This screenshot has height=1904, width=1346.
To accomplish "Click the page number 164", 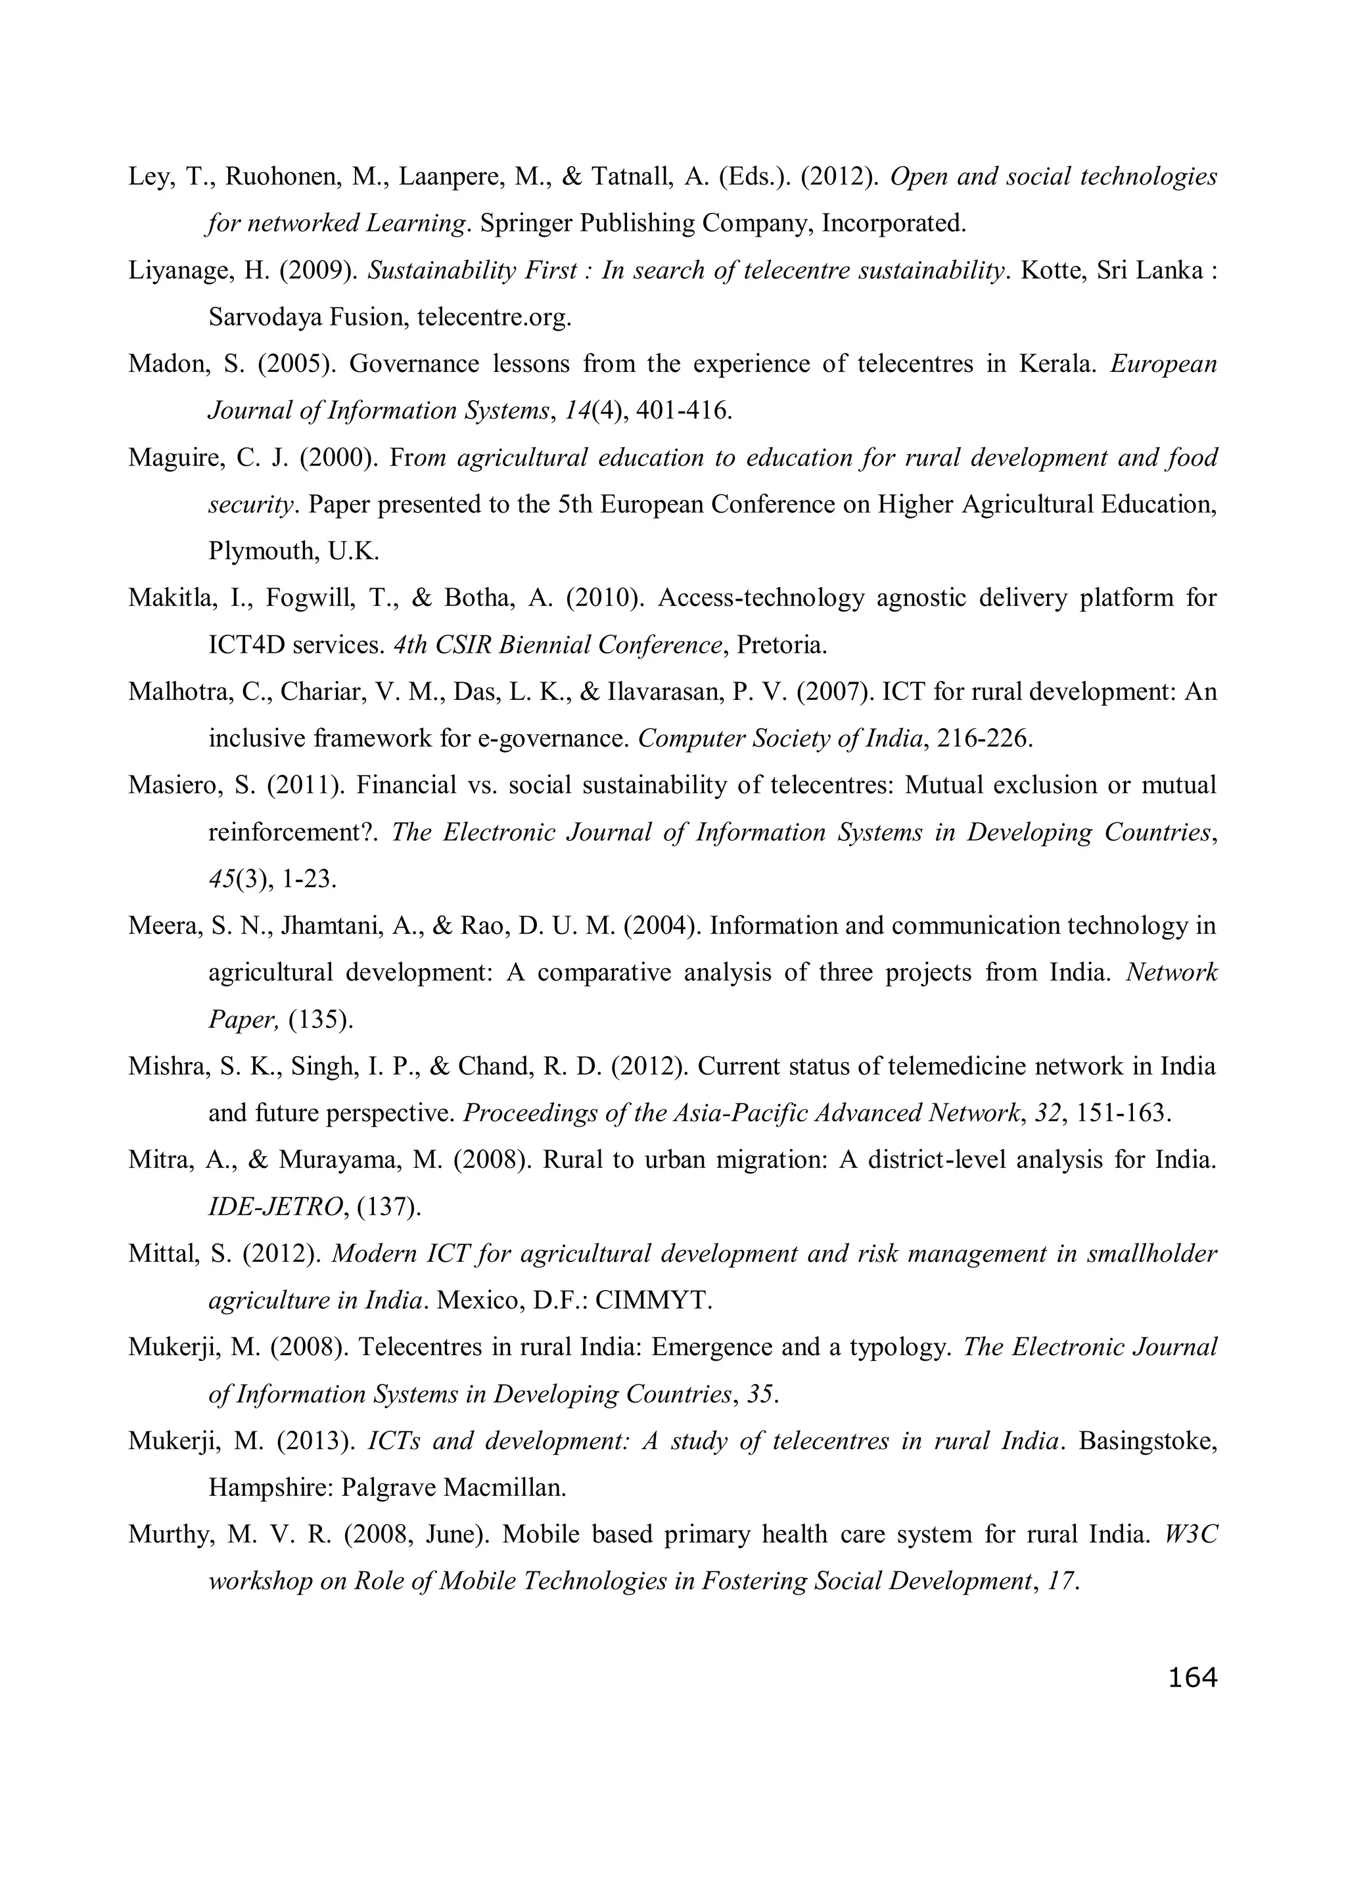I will click(1192, 1678).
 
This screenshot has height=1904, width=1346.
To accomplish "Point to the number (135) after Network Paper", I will click(320, 1020).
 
